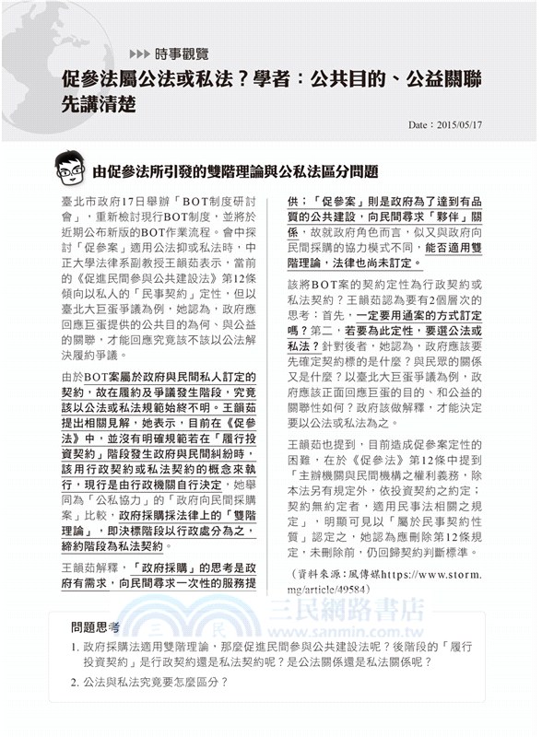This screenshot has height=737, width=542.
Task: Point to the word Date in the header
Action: click(x=418, y=122)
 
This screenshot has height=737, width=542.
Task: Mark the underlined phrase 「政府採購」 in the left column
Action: click(x=169, y=567)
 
